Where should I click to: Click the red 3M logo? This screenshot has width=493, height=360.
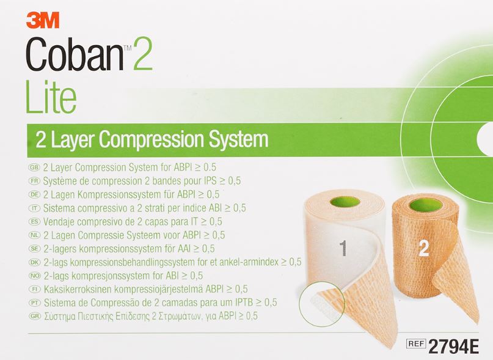click(43, 21)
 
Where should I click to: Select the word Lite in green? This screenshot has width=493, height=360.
click(51, 97)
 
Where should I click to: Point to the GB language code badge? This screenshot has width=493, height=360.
click(34, 167)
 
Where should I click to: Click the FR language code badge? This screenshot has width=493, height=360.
click(34, 181)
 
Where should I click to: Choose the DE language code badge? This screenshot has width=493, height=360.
click(34, 194)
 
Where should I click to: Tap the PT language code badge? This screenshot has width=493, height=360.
click(35, 303)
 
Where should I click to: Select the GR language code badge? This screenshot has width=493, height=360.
click(35, 316)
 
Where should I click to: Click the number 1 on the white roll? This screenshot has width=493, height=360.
click(343, 248)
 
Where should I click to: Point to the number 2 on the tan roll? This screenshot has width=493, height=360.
click(424, 248)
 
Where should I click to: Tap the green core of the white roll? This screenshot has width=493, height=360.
click(345, 202)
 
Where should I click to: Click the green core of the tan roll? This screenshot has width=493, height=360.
click(426, 205)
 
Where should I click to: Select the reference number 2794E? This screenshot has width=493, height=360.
click(454, 347)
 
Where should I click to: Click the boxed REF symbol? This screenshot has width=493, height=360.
click(416, 343)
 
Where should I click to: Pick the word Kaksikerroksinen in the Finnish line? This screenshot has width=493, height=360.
click(78, 289)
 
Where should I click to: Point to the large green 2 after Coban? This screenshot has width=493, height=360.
click(143, 54)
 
